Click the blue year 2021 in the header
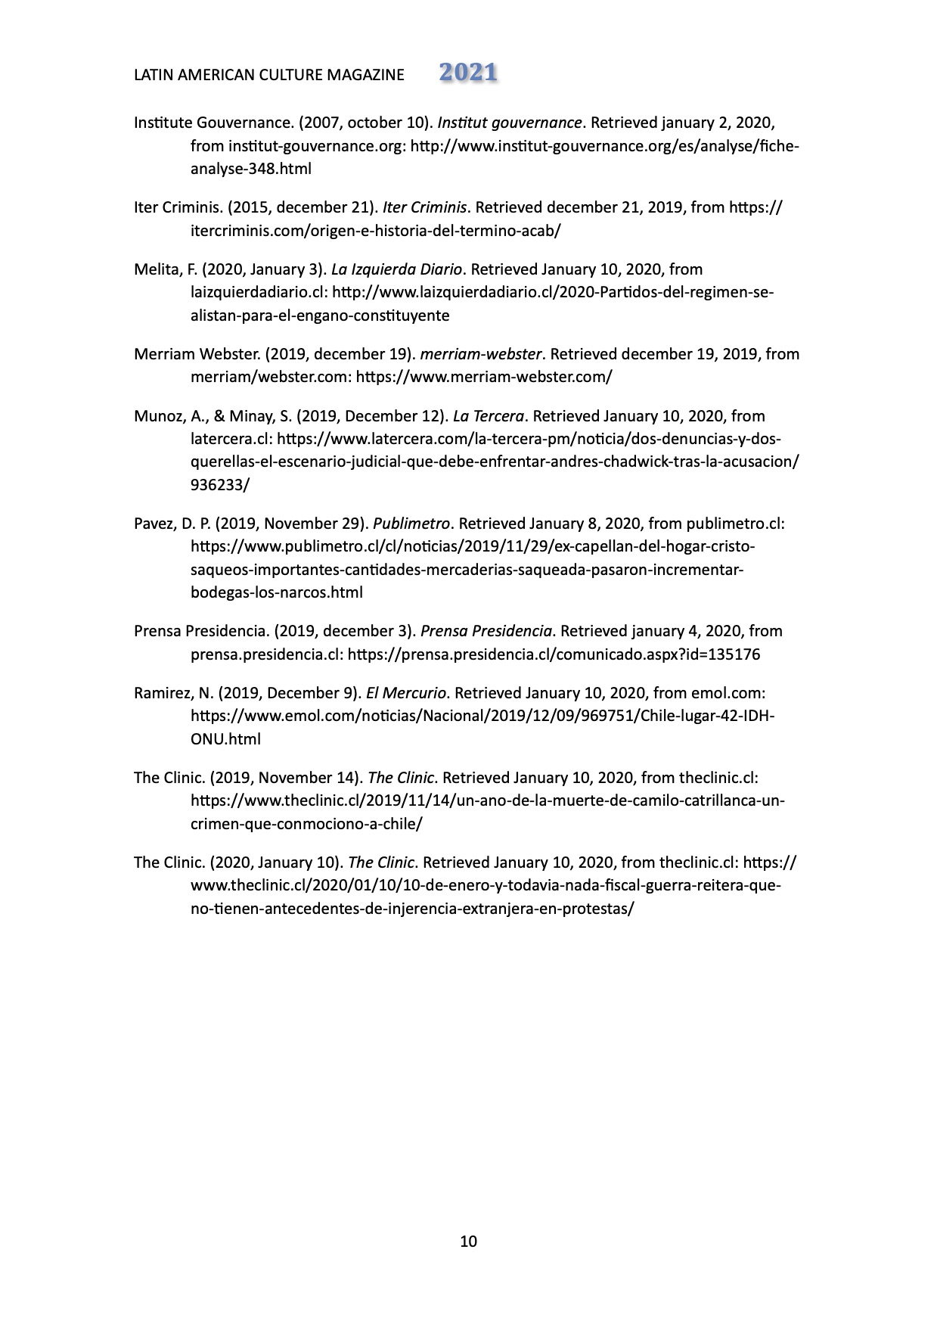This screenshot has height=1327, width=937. [x=468, y=73]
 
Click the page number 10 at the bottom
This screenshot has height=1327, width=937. [x=468, y=1242]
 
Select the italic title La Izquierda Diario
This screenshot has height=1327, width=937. [x=396, y=269]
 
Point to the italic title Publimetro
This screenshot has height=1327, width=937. [x=412, y=524]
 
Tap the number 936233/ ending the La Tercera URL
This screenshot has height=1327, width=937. [x=219, y=486]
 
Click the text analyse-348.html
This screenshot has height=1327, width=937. [x=250, y=169]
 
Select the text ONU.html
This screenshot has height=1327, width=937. [x=225, y=740]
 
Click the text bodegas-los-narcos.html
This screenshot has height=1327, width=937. [x=276, y=593]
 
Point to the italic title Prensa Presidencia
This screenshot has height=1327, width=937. [x=486, y=631]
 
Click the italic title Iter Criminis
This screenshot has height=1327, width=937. [x=425, y=207]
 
